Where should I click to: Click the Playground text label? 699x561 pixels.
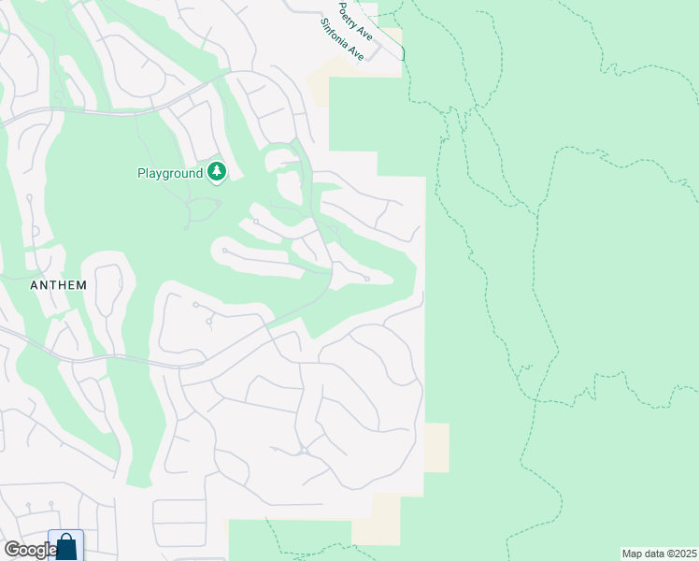170,173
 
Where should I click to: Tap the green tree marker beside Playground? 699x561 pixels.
217,172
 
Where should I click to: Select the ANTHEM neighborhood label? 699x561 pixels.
58,285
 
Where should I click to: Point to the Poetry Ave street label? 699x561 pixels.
355,22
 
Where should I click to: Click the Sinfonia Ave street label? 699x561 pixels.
341,39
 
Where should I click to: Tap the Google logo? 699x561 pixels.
30,550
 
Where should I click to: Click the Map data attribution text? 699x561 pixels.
658,554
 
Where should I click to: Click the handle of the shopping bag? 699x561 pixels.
65,539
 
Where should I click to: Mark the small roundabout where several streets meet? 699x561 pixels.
305,451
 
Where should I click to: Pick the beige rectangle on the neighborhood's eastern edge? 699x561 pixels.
436,447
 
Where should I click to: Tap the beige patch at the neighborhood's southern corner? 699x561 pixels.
376,520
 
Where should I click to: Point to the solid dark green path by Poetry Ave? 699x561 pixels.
403,52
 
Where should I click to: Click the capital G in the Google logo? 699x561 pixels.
11,550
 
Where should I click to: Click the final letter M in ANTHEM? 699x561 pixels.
81,285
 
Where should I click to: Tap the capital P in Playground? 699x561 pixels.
142,173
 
